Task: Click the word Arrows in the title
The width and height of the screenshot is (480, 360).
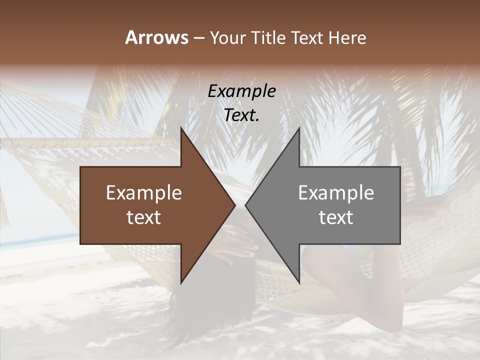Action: click(x=156, y=37)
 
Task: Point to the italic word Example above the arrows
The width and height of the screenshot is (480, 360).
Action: click(x=242, y=91)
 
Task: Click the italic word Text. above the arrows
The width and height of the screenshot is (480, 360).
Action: click(x=242, y=115)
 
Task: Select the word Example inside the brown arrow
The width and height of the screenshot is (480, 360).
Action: click(x=144, y=193)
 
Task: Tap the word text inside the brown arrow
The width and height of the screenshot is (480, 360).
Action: click(x=144, y=217)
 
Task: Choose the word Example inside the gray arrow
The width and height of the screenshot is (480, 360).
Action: click(x=336, y=193)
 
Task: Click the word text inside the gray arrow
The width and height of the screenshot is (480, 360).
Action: click(x=336, y=217)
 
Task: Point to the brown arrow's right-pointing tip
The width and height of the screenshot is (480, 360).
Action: click(x=234, y=205)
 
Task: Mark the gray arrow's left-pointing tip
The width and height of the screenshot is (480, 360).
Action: click(x=246, y=205)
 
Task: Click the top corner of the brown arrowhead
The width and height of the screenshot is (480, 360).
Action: click(x=181, y=128)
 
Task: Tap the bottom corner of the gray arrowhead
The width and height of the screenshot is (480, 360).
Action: click(x=299, y=283)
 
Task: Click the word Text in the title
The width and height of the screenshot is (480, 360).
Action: click(x=307, y=38)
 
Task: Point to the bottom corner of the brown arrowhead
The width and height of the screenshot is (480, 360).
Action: click(x=181, y=283)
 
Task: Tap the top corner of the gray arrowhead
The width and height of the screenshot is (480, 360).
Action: click(x=299, y=128)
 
